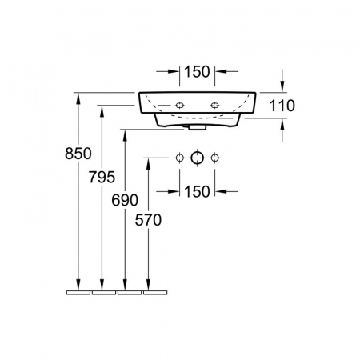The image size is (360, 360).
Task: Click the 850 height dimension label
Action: [78, 154]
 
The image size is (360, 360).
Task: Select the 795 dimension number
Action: [102, 177]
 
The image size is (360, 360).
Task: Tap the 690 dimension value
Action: [125, 200]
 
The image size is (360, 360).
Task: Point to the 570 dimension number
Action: [148, 220]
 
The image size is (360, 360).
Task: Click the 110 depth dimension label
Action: [282, 106]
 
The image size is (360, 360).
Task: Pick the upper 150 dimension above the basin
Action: [197, 72]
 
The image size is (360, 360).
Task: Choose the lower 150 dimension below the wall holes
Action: [197, 191]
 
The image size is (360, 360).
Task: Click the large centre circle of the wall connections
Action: [197, 158]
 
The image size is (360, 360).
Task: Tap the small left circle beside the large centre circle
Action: [180, 158]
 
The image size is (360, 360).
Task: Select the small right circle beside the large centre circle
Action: [214, 158]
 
